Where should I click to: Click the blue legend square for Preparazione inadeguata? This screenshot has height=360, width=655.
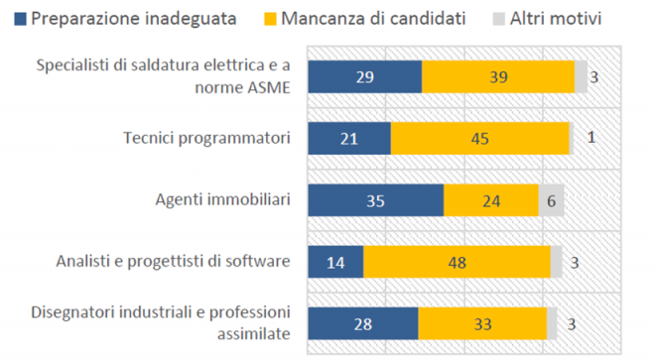pos(20,19)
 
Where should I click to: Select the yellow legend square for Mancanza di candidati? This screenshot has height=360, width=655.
pos(270,19)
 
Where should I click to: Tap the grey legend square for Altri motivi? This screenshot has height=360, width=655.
pos(499,19)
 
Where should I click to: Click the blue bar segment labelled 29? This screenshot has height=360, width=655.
pos(365,76)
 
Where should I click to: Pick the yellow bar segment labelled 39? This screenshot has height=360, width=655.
pos(498,76)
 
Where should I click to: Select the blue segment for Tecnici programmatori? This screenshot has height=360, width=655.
pos(349,138)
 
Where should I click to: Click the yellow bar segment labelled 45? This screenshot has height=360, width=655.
pos(480,138)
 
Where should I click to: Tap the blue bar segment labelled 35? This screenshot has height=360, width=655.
pos(376,200)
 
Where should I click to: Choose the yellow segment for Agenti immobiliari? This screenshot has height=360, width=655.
pos(491,200)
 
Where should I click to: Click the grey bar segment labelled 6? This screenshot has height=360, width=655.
pos(552,200)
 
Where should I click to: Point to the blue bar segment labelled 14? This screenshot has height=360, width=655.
pos(335,262)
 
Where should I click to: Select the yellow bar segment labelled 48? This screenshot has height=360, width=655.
pos(457,262)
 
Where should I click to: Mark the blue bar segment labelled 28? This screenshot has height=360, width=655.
pos(363,323)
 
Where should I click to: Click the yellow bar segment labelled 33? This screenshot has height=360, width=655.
pos(482,323)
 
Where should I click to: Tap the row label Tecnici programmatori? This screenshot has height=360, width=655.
pos(206,138)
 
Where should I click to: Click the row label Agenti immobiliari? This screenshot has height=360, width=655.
pos(223,199)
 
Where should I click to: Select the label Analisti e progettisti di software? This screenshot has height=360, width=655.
pos(174,262)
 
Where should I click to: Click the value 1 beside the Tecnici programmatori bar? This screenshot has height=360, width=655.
pos(591,138)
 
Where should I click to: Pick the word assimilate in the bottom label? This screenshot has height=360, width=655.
pos(254,333)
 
